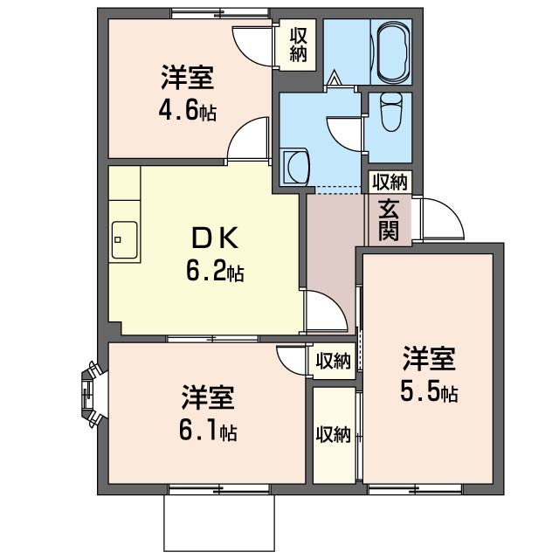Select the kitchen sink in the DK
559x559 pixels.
[124, 239]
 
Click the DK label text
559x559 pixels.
[215, 238]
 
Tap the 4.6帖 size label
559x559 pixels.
[187, 112]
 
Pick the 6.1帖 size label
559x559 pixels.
[208, 431]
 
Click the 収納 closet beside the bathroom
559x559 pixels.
[298, 45]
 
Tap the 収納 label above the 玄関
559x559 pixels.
[390, 183]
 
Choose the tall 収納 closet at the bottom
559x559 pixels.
[334, 435]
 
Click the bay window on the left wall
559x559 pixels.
[91, 394]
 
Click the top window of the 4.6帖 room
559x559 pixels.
[219, 13]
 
